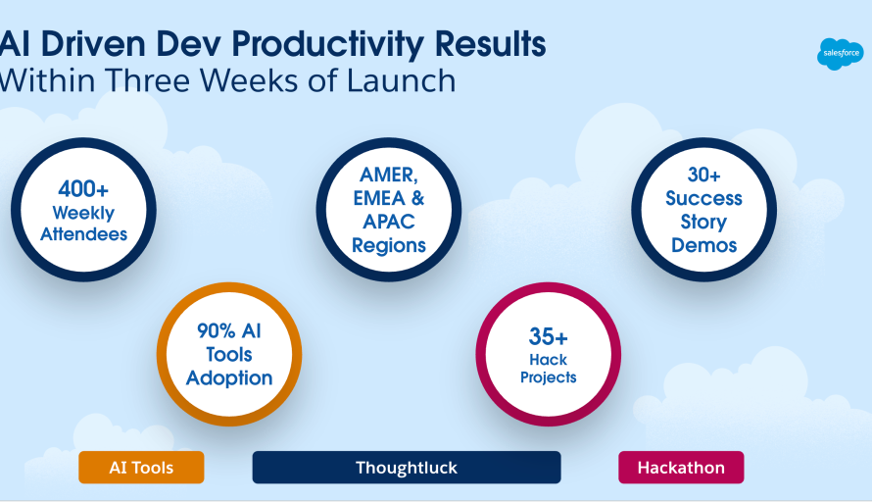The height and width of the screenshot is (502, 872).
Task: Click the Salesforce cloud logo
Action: click(841, 54)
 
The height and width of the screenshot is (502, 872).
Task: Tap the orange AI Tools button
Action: click(141, 468)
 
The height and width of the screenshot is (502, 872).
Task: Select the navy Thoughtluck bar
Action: click(407, 468)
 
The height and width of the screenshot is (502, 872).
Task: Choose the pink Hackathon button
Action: click(681, 468)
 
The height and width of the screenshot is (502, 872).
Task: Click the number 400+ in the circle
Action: click(83, 189)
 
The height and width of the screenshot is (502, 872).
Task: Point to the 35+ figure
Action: click(549, 336)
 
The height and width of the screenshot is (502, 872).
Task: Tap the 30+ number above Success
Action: click(704, 175)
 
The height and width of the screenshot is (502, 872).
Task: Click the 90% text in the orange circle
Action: click(217, 330)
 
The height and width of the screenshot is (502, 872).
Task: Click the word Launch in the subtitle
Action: click(401, 80)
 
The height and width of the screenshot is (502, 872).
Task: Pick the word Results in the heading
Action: click(490, 44)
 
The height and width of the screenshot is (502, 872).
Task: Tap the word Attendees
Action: click(84, 234)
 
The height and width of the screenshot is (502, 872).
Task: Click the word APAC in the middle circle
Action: click(389, 222)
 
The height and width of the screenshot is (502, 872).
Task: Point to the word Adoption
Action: click(229, 377)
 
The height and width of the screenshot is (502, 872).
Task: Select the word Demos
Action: click(704, 245)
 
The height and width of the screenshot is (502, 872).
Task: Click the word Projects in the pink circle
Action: click(549, 377)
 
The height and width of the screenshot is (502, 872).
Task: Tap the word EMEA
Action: click(379, 198)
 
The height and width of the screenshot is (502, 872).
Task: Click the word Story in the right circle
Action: click(703, 222)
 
